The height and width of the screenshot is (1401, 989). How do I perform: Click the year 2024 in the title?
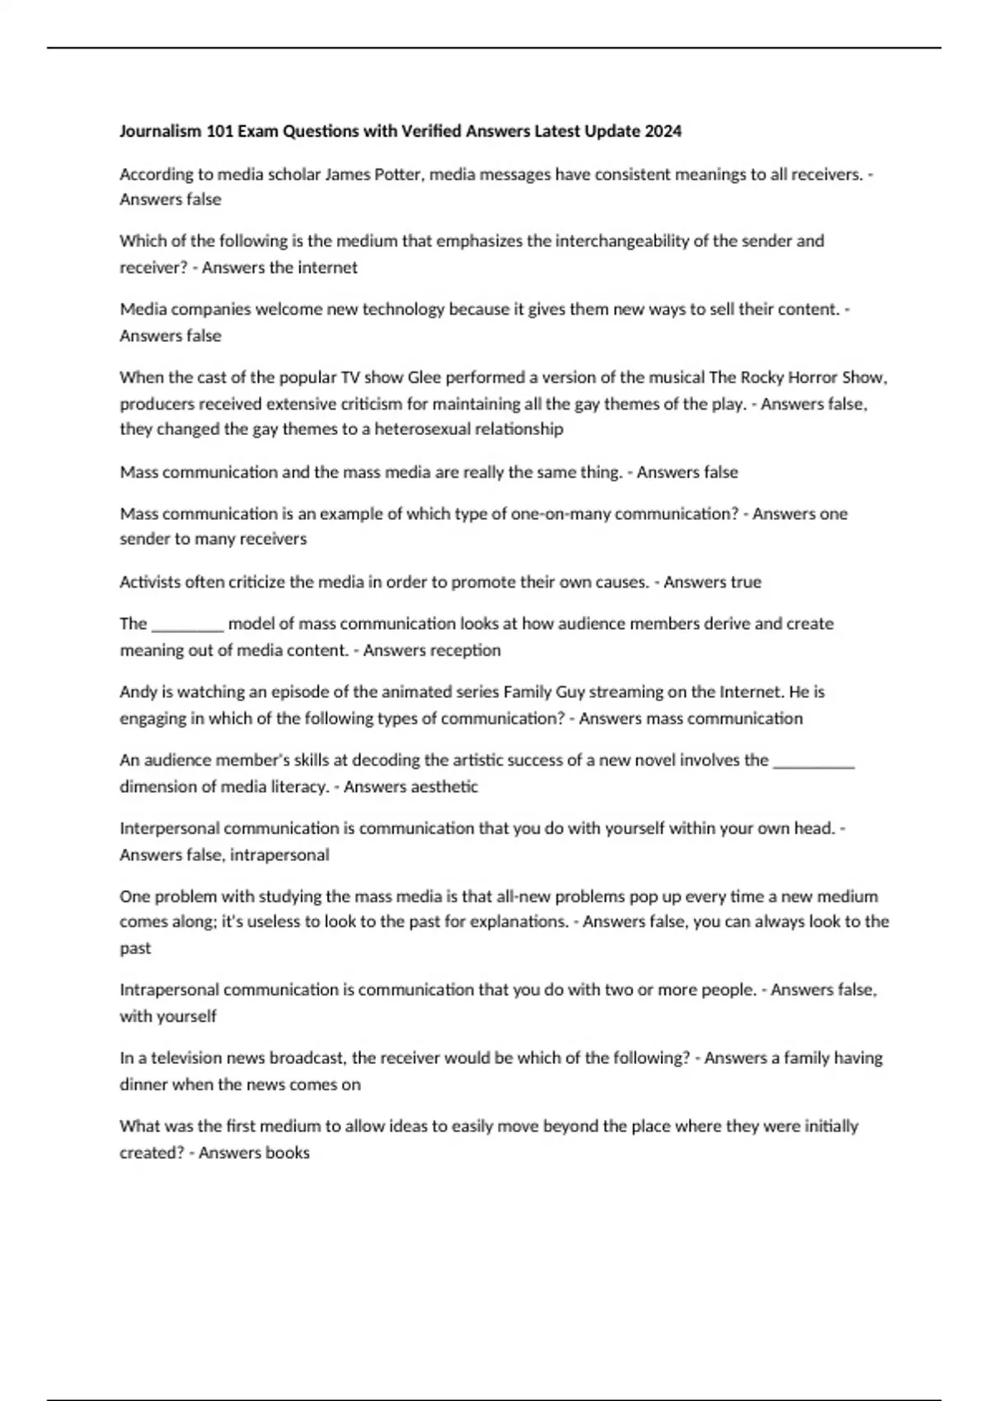(663, 131)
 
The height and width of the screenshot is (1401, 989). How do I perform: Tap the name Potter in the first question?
(399, 174)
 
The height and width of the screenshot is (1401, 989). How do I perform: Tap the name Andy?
(136, 691)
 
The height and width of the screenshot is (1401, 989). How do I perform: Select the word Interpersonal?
(170, 827)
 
